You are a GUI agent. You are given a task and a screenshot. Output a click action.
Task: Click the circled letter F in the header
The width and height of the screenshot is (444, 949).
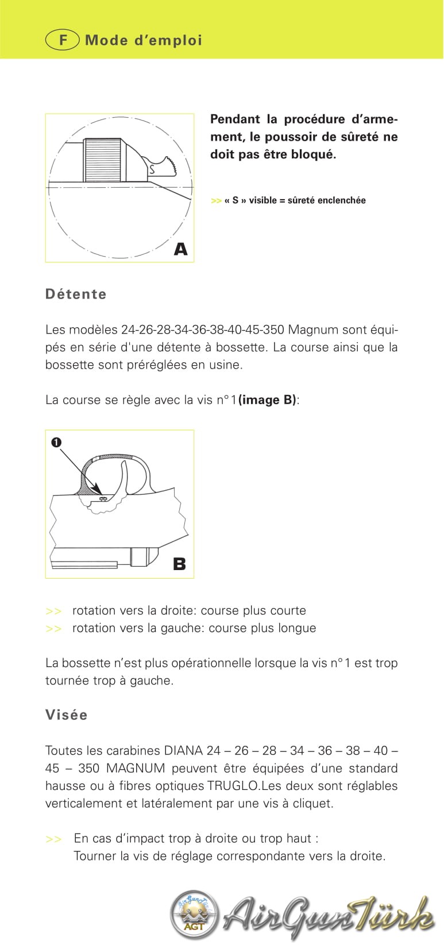(x=62, y=40)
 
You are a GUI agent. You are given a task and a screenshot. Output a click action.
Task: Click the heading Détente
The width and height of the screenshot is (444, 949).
(x=76, y=294)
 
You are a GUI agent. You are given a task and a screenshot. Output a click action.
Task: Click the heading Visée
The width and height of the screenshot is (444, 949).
(x=67, y=715)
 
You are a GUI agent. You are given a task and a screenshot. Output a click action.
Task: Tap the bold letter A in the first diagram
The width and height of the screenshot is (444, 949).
(x=180, y=249)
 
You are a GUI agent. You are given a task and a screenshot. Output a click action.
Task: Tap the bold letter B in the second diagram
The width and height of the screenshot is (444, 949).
(x=179, y=564)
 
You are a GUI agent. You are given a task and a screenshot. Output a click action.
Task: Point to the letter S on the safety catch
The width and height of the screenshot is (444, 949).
(x=152, y=169)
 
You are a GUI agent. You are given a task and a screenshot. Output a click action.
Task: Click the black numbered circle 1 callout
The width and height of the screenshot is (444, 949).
(x=56, y=442)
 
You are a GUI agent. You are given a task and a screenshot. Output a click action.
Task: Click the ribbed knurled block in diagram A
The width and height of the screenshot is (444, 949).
(x=103, y=161)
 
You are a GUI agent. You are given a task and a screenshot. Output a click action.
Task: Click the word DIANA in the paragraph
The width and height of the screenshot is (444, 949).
(x=183, y=750)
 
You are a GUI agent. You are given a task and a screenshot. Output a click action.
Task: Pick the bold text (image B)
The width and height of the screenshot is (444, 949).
(x=267, y=400)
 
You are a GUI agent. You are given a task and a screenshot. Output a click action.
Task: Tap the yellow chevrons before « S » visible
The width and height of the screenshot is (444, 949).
(x=216, y=200)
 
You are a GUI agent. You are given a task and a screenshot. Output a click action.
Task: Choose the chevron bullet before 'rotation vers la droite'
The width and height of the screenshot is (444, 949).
(x=53, y=611)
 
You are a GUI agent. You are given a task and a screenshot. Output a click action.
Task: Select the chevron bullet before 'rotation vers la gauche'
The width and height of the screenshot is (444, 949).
(x=53, y=629)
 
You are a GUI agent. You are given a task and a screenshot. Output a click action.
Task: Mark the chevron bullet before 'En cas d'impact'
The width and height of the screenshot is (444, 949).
(x=53, y=839)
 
